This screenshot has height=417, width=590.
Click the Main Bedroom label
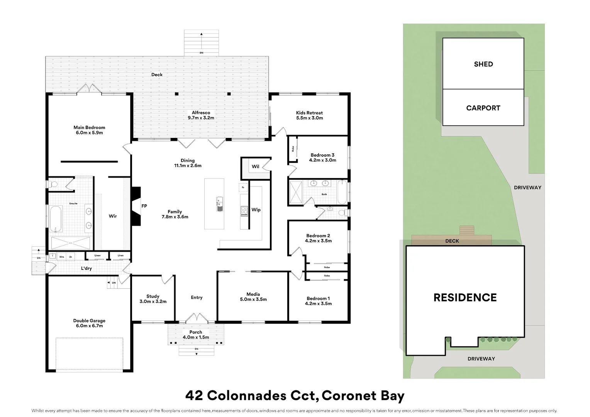pyautogui.click(x=89, y=127)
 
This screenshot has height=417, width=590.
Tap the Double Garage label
pyautogui.click(x=89, y=320)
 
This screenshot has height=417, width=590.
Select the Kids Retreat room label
pyautogui.click(x=309, y=113)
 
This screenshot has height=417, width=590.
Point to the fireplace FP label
pyautogui.click(x=144, y=206)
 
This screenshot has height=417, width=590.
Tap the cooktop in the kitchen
pyautogui.click(x=244, y=211)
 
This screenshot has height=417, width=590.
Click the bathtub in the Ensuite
pyautogui.click(x=56, y=219)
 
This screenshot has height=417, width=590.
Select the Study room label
pyautogui.click(x=153, y=296)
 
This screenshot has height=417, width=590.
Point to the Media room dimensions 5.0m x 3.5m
pyautogui.click(x=253, y=300)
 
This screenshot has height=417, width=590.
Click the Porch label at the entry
pyautogui.click(x=196, y=332)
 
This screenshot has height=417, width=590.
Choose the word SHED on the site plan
pyautogui.click(x=483, y=64)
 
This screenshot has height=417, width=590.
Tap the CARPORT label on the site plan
pyautogui.click(x=483, y=108)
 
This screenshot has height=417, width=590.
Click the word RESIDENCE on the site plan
pyautogui.click(x=465, y=298)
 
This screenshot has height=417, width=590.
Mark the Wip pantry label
pyautogui.click(x=256, y=210)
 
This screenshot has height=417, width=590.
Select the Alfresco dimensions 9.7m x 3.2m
pyautogui.click(x=201, y=118)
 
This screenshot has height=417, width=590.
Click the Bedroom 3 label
pyautogui.click(x=322, y=155)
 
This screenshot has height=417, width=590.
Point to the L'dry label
pyautogui.click(x=86, y=268)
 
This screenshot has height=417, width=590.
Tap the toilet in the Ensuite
pyautogui.click(x=53, y=184)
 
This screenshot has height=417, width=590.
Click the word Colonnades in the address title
pyautogui.click(x=247, y=396)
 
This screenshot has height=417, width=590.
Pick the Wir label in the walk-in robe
pyautogui.click(x=113, y=216)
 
